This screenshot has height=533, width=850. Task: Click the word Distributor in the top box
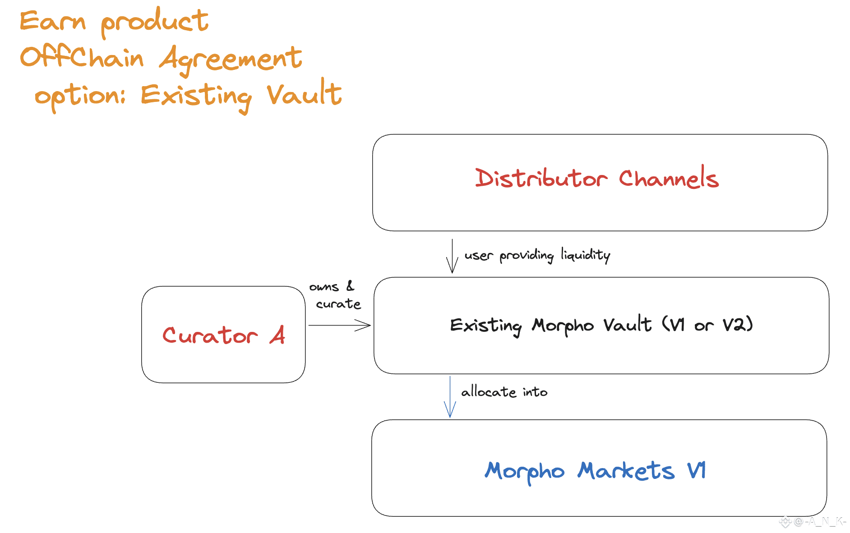click(x=541, y=178)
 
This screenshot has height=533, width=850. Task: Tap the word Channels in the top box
click(x=668, y=178)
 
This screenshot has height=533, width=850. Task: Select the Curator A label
click(x=223, y=335)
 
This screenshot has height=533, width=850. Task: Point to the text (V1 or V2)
click(x=707, y=324)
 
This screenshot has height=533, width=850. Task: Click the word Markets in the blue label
click(x=626, y=471)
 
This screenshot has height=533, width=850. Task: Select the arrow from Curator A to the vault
click(x=339, y=325)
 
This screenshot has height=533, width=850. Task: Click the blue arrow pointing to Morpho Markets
click(x=450, y=397)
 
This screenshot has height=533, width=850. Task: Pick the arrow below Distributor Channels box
click(x=452, y=256)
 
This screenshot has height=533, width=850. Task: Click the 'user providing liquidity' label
click(x=537, y=255)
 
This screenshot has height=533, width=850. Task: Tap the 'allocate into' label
click(x=504, y=392)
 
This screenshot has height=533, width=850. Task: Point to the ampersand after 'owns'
click(x=350, y=286)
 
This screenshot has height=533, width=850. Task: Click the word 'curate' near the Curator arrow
click(x=338, y=304)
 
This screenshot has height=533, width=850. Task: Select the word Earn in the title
click(x=53, y=21)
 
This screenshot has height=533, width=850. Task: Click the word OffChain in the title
click(x=82, y=58)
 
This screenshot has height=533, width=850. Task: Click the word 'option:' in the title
click(x=80, y=96)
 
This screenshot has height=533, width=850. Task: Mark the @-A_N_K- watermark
click(x=819, y=522)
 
